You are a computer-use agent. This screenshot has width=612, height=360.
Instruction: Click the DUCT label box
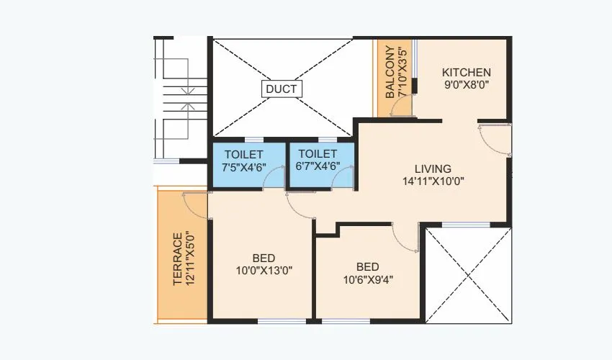pyautogui.click(x=281, y=89)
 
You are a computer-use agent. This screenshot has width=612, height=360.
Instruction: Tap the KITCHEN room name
pyautogui.click(x=467, y=72)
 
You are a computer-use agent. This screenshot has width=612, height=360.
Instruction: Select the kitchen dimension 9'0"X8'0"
pyautogui.click(x=467, y=85)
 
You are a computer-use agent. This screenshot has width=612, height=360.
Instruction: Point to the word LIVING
pyautogui.click(x=433, y=168)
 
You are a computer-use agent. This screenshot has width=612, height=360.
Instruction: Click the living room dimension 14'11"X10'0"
pyautogui.click(x=433, y=181)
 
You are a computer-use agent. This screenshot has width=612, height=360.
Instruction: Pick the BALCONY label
pyautogui.click(x=390, y=73)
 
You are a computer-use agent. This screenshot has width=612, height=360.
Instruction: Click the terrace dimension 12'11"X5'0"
pyautogui.click(x=191, y=259)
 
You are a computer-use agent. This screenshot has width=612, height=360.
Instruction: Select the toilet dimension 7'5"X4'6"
pyautogui.click(x=244, y=166)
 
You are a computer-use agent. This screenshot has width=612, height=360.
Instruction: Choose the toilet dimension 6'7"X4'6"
pyautogui.click(x=318, y=166)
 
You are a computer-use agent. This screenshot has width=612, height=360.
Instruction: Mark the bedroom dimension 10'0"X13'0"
pyautogui.click(x=264, y=271)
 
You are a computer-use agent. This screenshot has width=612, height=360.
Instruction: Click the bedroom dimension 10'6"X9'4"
pyautogui.click(x=368, y=279)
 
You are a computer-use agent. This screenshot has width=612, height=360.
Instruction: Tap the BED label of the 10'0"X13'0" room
pyautogui.click(x=264, y=258)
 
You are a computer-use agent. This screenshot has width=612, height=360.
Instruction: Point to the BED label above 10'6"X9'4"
pyautogui.click(x=368, y=266)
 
